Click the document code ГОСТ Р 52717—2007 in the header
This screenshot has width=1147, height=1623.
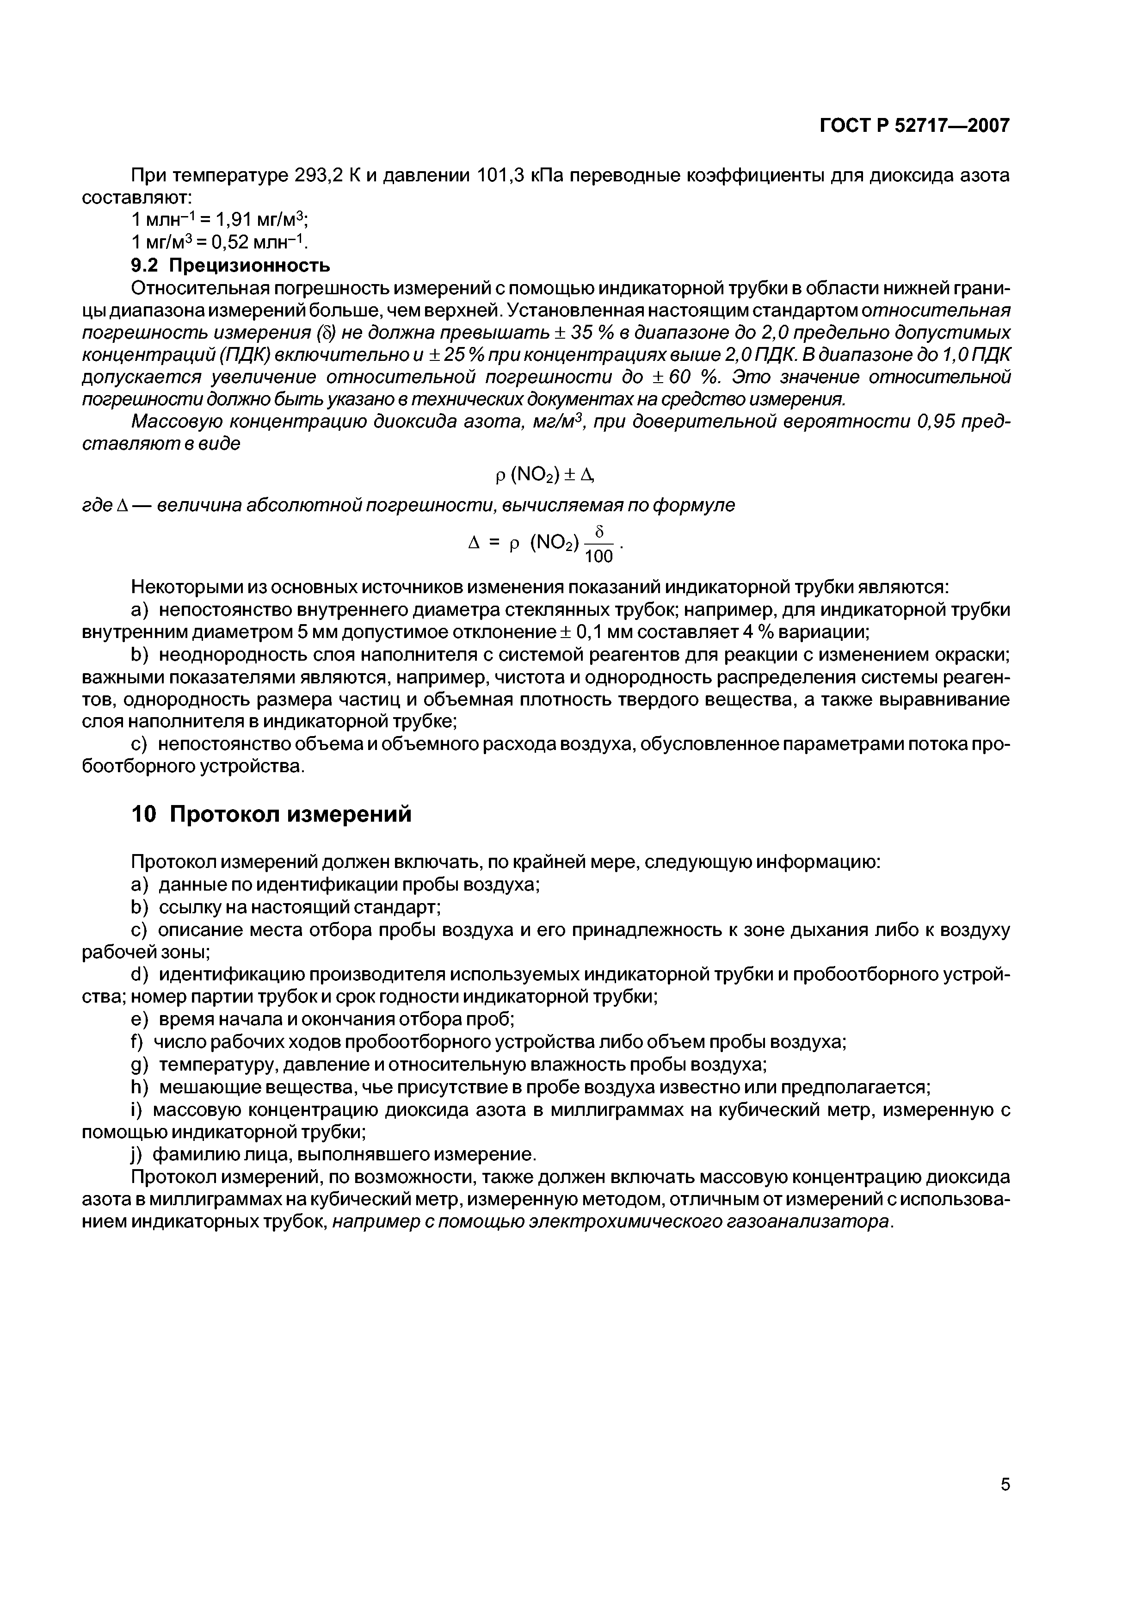[x=914, y=126]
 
